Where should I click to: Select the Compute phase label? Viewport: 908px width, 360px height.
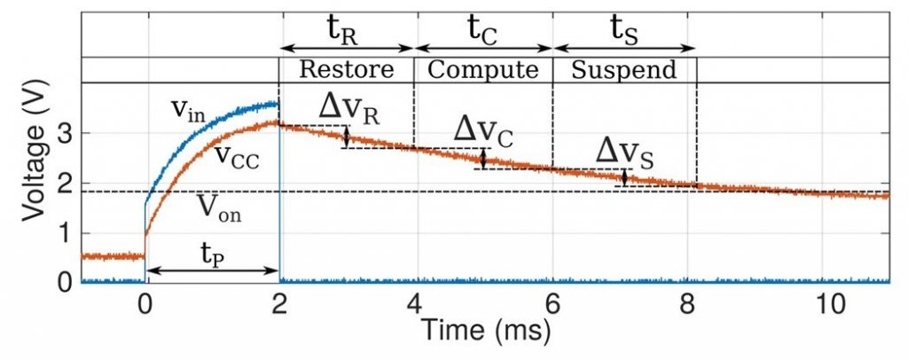click(x=483, y=70)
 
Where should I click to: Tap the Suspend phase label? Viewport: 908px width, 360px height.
click(x=623, y=70)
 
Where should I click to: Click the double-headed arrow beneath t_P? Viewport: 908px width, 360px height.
click(x=212, y=270)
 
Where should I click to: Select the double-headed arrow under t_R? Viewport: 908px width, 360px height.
click(x=347, y=48)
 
